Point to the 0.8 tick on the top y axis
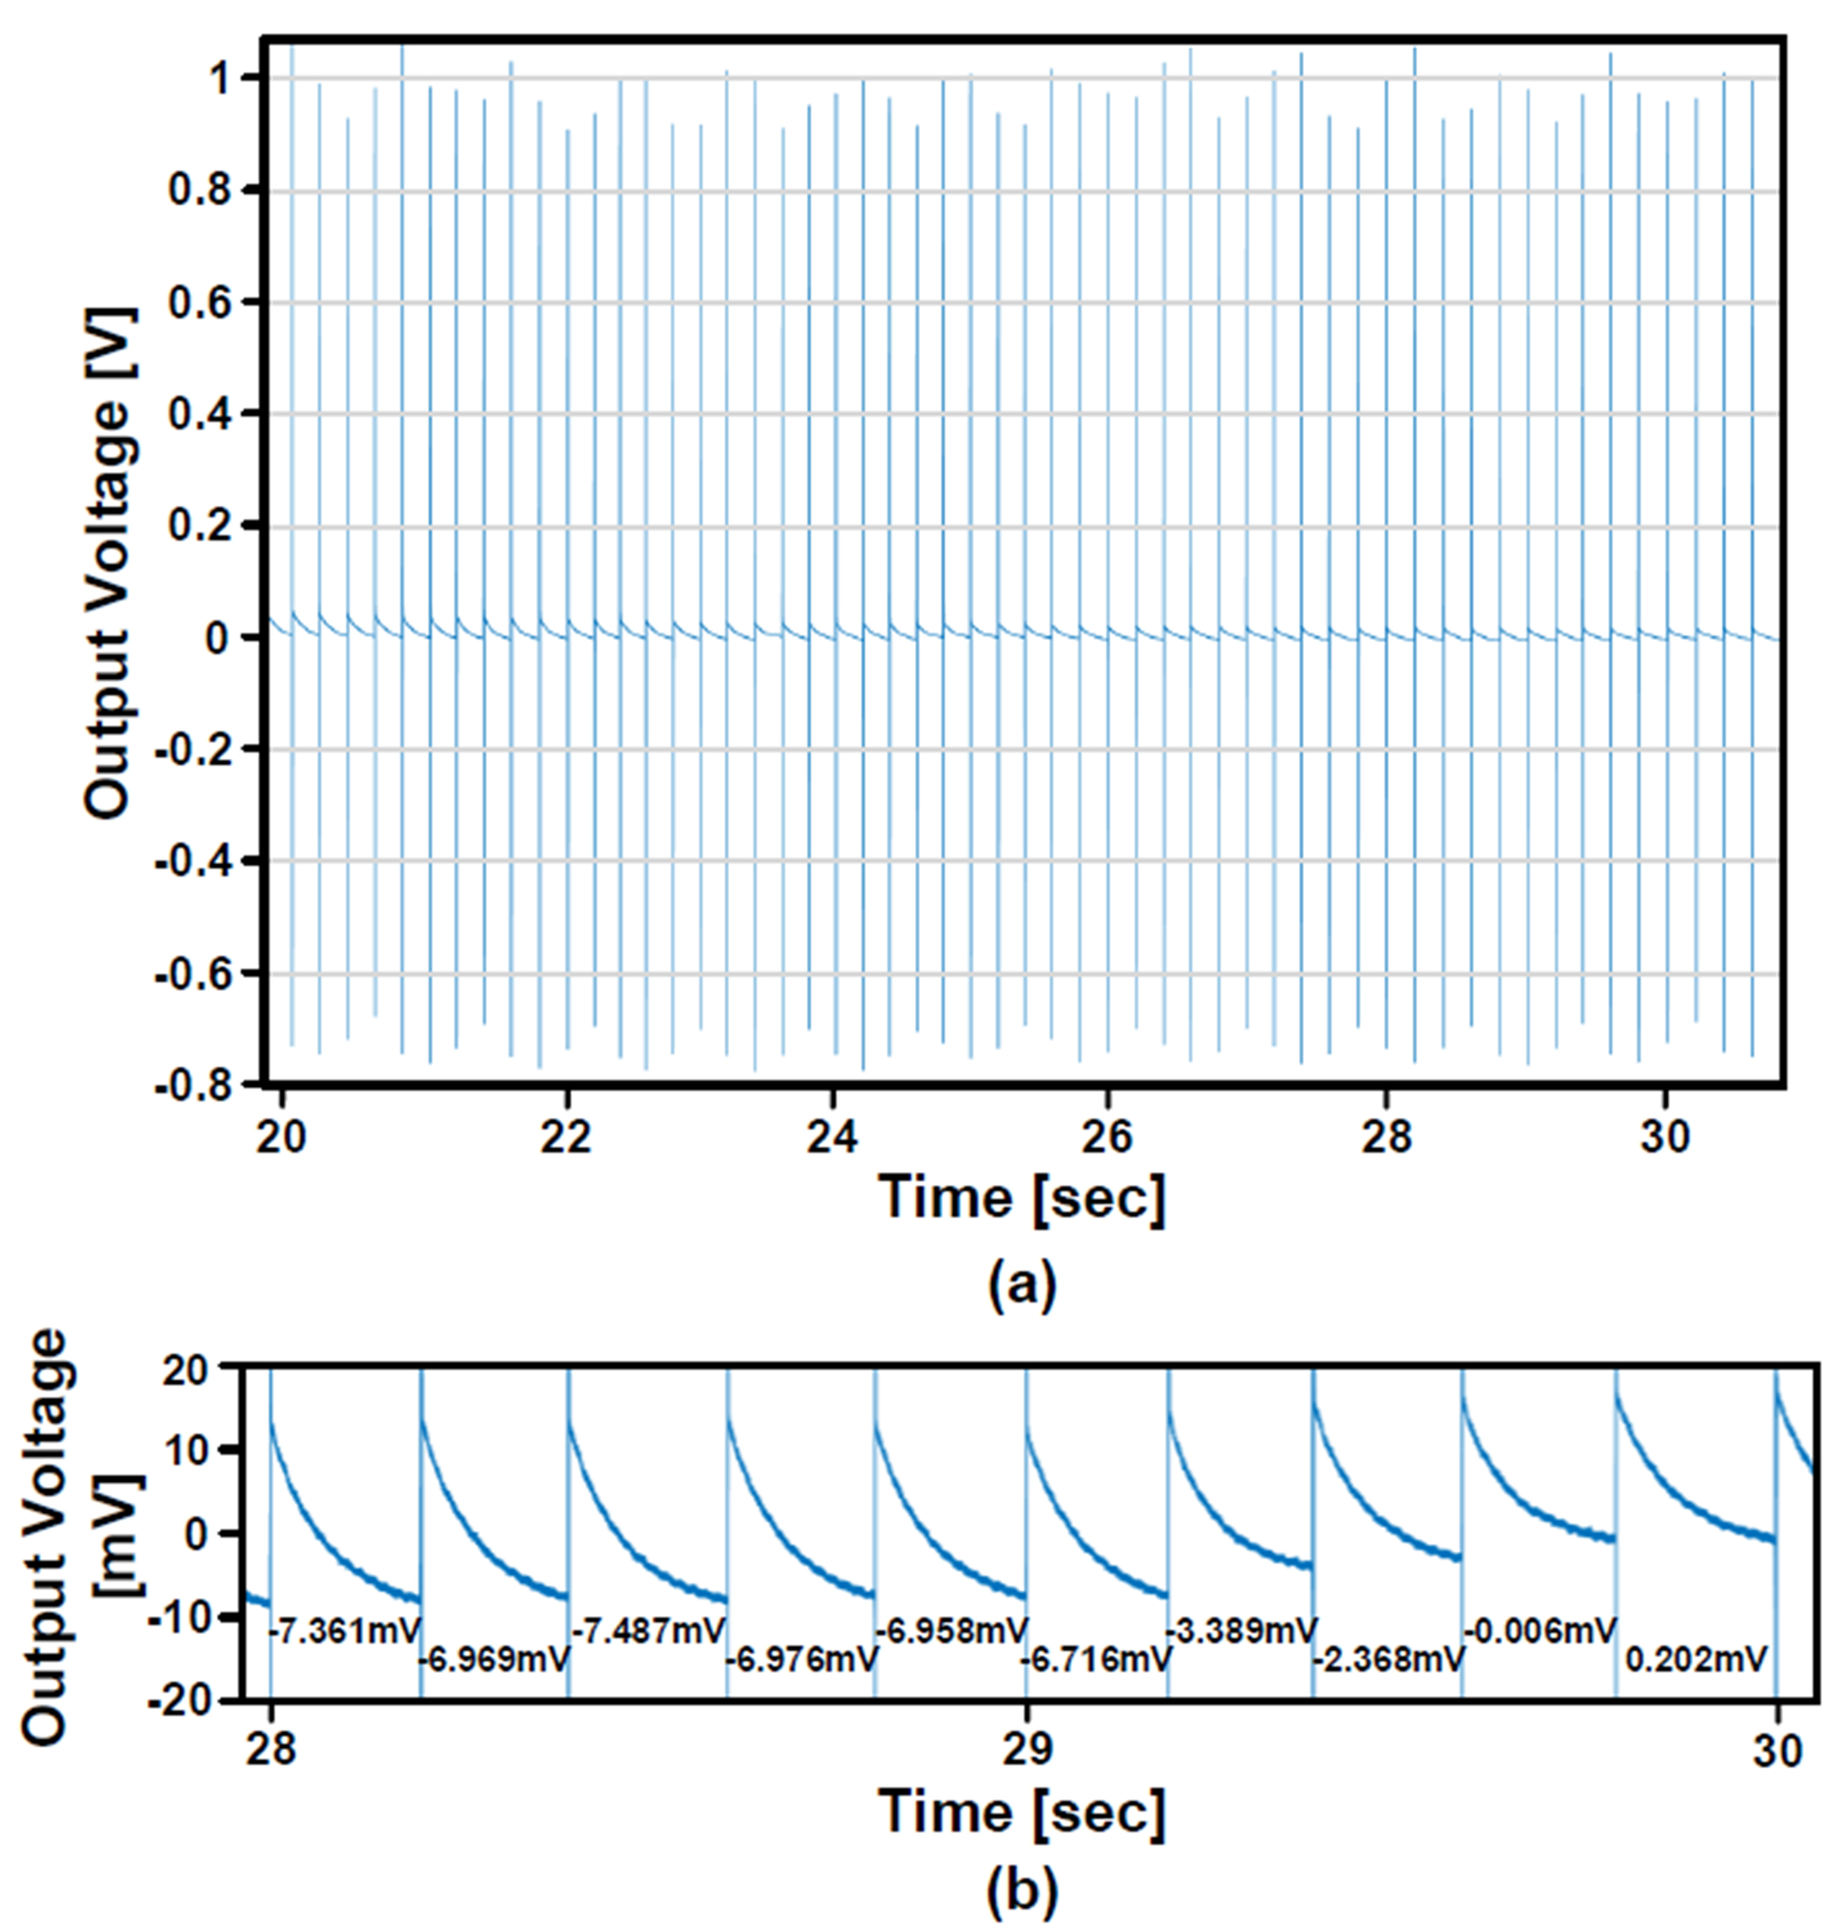201,190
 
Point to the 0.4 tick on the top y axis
201,414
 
